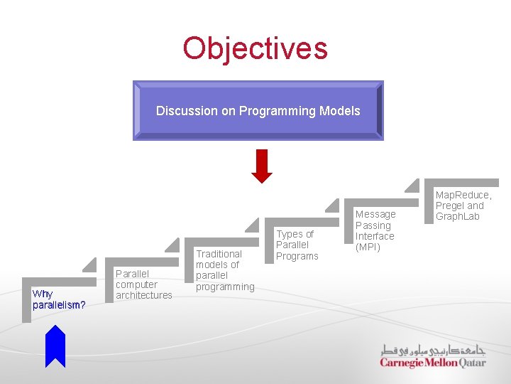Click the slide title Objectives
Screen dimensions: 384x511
(x=255, y=48)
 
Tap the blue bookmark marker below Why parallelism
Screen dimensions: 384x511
(x=55, y=346)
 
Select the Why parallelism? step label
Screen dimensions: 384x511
(x=59, y=299)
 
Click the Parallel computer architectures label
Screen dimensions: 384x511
(x=143, y=284)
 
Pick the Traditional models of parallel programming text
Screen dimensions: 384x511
(x=224, y=270)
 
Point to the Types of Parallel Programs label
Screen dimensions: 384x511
(x=297, y=245)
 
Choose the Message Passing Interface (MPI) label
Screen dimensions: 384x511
(x=375, y=230)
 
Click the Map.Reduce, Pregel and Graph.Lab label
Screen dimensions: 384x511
(x=463, y=206)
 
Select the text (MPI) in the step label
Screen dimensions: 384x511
(x=368, y=247)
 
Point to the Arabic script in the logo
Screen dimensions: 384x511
(x=433, y=350)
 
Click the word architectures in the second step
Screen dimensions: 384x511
(x=143, y=295)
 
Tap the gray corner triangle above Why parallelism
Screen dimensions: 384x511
(x=89, y=265)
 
